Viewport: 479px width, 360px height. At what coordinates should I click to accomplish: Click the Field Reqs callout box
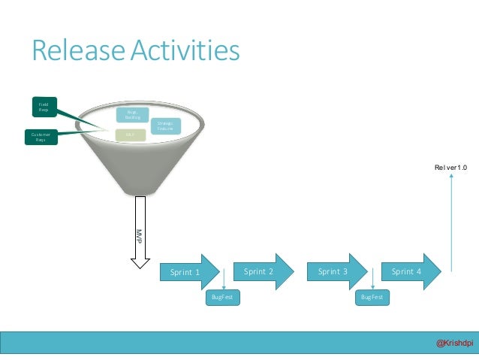(x=44, y=107)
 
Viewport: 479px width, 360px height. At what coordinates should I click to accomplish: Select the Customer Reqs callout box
(x=40, y=138)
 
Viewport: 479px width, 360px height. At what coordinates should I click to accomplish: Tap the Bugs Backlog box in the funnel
(x=132, y=114)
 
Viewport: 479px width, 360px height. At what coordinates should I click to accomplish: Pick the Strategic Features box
(x=164, y=126)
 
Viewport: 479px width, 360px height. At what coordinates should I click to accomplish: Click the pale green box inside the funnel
(x=130, y=135)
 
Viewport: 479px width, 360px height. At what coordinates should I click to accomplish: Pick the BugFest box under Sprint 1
(x=220, y=298)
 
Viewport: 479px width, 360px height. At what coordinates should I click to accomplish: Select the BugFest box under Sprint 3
(x=372, y=298)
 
